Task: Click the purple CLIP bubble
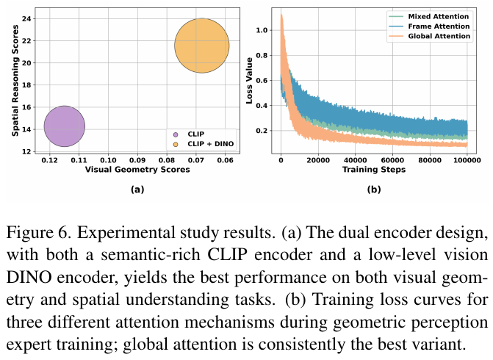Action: [65, 126]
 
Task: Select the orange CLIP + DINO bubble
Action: [202, 46]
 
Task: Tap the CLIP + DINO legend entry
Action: [204, 144]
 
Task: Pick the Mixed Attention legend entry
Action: [429, 16]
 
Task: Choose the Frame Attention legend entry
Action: [429, 26]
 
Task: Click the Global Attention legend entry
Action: [429, 36]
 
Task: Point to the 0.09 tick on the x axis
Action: [137, 160]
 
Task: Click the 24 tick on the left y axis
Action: [27, 18]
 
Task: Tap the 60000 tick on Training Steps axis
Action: [392, 160]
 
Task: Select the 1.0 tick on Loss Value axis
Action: [262, 30]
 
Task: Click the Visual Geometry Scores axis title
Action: [137, 170]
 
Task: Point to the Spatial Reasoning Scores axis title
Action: [15, 81]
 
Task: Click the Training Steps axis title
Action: [374, 170]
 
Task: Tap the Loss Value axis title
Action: [249, 81]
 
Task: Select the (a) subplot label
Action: [137, 190]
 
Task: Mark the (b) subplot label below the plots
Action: [374, 190]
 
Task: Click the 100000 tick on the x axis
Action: [467, 160]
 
